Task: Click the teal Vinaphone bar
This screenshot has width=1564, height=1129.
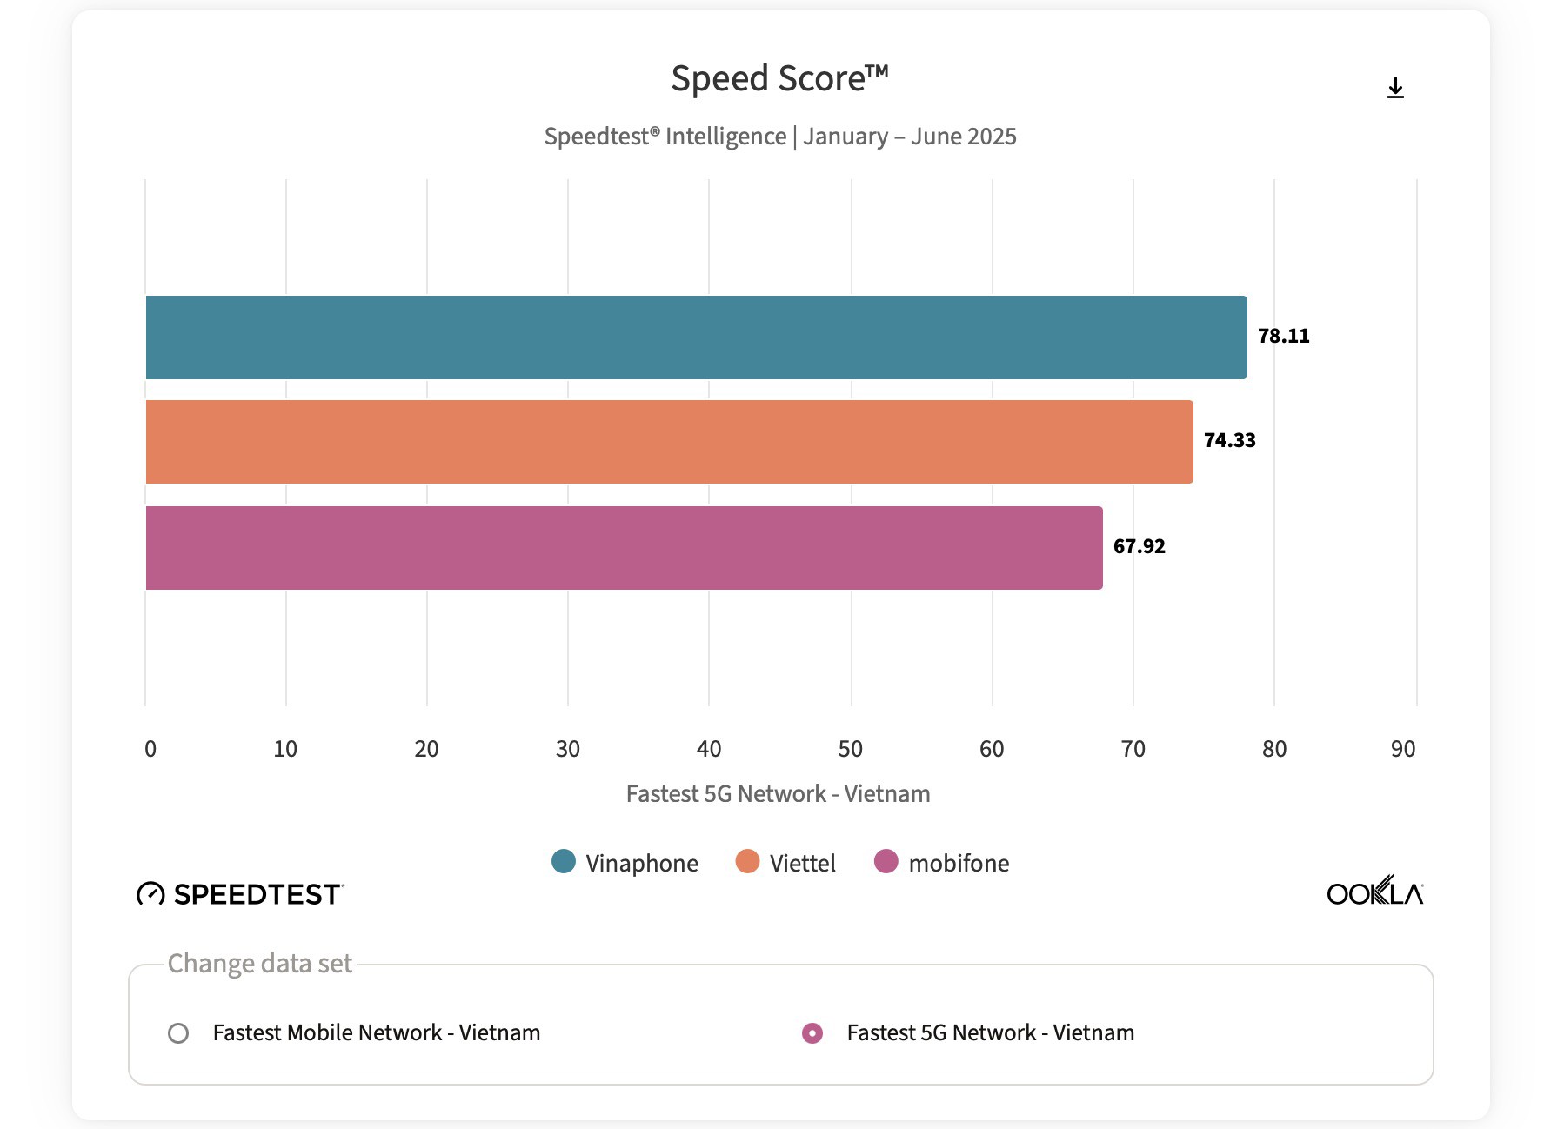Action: pyautogui.click(x=696, y=337)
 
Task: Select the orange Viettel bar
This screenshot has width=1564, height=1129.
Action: pyautogui.click(x=669, y=442)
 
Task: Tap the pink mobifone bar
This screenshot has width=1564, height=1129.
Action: pyautogui.click(x=624, y=548)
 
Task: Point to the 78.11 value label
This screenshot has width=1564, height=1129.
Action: pyautogui.click(x=1283, y=337)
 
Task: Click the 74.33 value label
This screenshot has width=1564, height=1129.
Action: pyautogui.click(x=1229, y=441)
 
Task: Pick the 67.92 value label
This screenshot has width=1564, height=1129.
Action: pyautogui.click(x=1139, y=547)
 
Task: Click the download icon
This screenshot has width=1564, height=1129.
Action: pyautogui.click(x=1395, y=88)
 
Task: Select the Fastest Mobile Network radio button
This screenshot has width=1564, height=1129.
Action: pyautogui.click(x=178, y=1033)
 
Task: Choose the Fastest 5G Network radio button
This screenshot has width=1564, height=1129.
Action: pyautogui.click(x=812, y=1033)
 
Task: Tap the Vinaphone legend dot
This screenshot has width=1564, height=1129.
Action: pyautogui.click(x=564, y=862)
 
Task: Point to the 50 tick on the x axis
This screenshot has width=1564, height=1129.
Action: pyautogui.click(x=851, y=749)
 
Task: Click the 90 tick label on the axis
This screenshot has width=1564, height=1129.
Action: pyautogui.click(x=1402, y=749)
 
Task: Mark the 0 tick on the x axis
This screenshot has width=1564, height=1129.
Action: pyautogui.click(x=150, y=749)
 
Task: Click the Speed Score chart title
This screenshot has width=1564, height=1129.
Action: pyautogui.click(x=779, y=79)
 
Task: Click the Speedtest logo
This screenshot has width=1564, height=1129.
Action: pyautogui.click(x=241, y=894)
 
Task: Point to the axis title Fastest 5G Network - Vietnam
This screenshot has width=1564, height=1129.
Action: pyautogui.click(x=778, y=794)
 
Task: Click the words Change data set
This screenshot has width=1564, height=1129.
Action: pyautogui.click(x=259, y=964)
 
